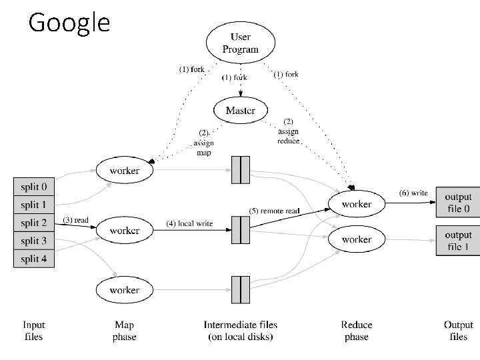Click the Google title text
pos(69,23)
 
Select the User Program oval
pos(240,43)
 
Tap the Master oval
pos(240,110)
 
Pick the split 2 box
pos(33,223)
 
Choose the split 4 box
pos(33,258)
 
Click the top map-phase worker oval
pos(125,171)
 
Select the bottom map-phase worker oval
pos(125,290)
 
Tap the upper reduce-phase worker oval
pos(356,204)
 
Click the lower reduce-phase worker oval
pos(356,239)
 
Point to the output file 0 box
pos(457,203)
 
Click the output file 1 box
pos(457,241)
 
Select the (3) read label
pos(75,219)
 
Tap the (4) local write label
pos(189,223)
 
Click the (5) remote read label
pos(275,211)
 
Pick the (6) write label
pos(413,193)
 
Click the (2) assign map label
pos(203,143)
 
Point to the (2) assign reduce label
pos(289,131)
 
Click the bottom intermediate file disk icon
pos(240,289)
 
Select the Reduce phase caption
pos(356,331)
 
